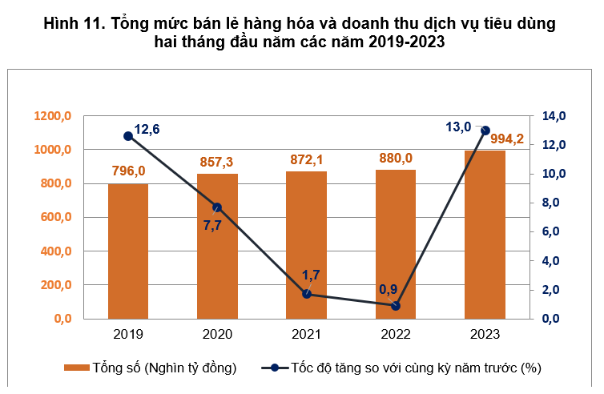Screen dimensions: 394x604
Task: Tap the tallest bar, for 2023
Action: point(485,234)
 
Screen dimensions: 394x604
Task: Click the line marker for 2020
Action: point(218,207)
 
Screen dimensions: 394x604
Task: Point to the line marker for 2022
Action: point(396,306)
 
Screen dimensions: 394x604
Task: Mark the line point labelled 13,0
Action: point(485,130)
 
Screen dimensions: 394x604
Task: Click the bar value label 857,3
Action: point(217,163)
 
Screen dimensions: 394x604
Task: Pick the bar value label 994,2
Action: point(508,140)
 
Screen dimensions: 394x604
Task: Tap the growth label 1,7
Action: point(311,275)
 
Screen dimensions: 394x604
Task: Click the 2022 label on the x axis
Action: point(396,334)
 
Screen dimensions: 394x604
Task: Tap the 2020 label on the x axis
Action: point(217,334)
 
